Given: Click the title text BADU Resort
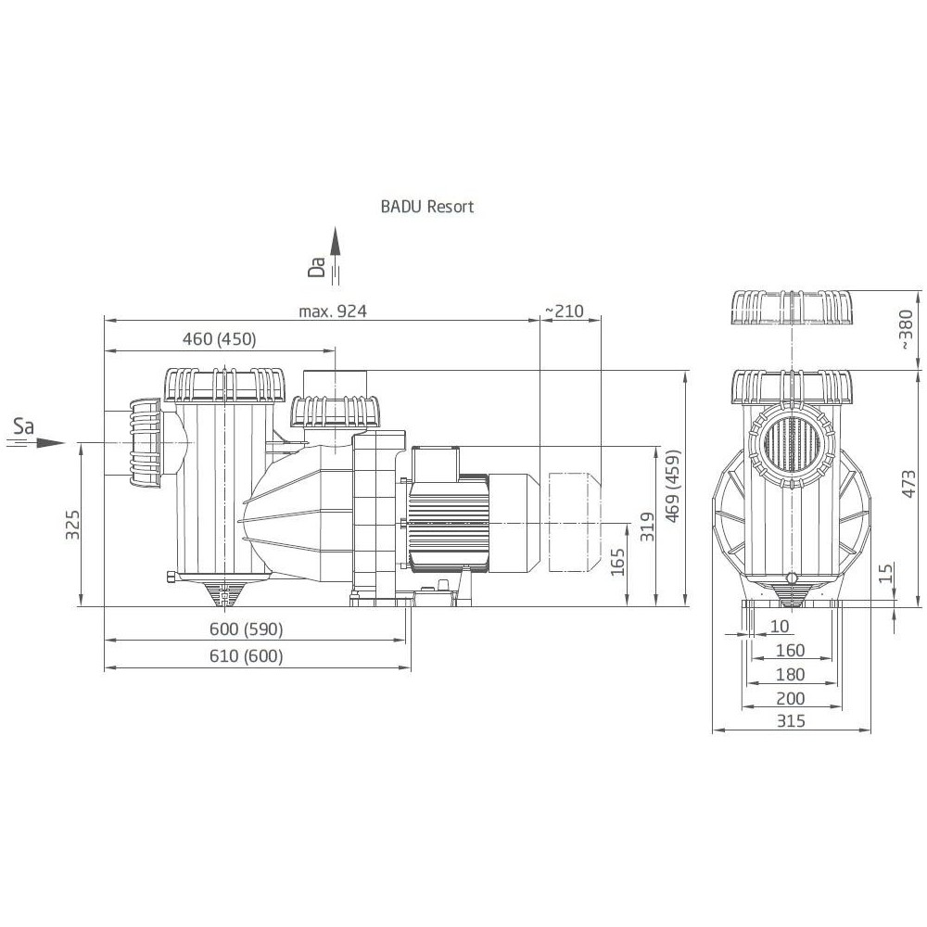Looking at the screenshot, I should coord(426,207).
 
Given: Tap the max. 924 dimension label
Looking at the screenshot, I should coord(333,311).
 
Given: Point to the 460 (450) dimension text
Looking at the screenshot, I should coord(219,339).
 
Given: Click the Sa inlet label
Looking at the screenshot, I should coord(24,426).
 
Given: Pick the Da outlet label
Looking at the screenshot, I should coord(317,267).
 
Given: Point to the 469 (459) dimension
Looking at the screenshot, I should coord(673,488).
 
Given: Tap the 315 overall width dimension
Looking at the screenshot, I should coord(791,720).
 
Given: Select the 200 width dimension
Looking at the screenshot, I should coord(791,697).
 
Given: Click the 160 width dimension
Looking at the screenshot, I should coord(791,650).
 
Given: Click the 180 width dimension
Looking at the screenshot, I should coord(791,674).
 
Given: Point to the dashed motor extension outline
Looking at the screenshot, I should coord(575,520).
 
